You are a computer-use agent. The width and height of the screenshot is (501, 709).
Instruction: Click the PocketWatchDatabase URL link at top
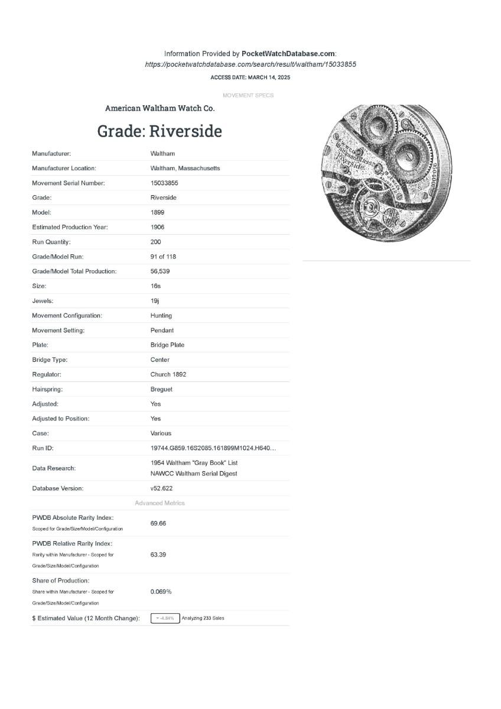[250, 64]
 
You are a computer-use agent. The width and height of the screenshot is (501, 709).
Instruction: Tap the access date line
[250, 77]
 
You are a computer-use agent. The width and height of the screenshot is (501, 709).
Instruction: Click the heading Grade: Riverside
[160, 131]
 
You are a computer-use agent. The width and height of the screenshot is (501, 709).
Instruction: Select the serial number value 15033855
[164, 183]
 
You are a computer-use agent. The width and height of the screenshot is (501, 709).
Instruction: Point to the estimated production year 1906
[157, 227]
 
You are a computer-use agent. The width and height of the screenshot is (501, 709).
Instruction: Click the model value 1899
[157, 212]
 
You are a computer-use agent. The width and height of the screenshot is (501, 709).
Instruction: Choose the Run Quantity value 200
[155, 242]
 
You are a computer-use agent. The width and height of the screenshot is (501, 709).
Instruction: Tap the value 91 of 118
[163, 257]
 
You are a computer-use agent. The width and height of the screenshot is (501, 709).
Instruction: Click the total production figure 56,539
[161, 271]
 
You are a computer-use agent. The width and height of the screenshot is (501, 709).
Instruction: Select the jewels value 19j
[155, 301]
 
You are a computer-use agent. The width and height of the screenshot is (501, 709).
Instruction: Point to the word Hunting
[161, 316]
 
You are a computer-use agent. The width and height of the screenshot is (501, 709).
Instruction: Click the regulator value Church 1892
[168, 374]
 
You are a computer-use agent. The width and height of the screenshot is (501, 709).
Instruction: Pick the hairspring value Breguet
[161, 389]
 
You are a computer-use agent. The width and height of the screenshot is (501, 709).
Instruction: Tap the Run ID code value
[213, 448]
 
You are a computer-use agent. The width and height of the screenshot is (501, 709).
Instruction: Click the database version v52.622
[161, 488]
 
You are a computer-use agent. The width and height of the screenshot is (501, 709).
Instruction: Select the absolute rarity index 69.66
[158, 523]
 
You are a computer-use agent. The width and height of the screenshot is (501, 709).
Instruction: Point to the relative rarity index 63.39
[158, 555]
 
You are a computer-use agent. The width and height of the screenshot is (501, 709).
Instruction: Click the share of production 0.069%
[161, 591]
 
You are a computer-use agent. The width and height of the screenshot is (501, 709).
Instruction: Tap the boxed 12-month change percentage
[165, 619]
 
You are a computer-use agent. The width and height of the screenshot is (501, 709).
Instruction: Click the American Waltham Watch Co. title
[160, 108]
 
